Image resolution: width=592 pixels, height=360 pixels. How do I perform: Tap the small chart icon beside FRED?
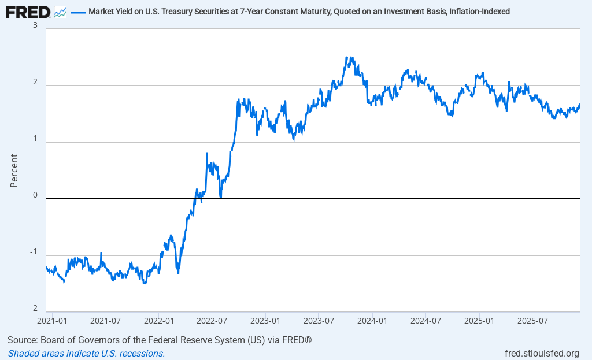(x=60, y=12)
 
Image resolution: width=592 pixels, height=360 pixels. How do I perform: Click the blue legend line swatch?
(x=78, y=12)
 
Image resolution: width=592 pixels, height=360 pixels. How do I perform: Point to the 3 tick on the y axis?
(x=35, y=25)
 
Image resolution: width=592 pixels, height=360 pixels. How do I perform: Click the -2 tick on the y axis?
(x=34, y=309)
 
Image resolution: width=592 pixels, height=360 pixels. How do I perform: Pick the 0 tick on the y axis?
(x=35, y=195)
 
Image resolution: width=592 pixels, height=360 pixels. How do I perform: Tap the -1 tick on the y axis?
(x=34, y=252)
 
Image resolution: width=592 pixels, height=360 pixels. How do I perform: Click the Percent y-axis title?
(x=14, y=170)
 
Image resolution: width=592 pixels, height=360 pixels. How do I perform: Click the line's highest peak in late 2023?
(x=347, y=57)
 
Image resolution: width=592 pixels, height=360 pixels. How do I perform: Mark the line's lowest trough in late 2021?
(x=145, y=283)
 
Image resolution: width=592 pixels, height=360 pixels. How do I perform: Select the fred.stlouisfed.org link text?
(x=542, y=353)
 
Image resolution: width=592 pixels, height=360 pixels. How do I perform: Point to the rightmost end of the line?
(x=580, y=105)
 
